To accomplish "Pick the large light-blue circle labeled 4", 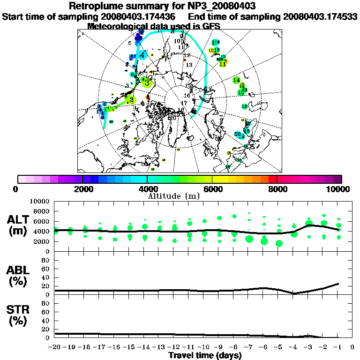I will [141, 54].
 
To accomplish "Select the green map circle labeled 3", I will [147, 82].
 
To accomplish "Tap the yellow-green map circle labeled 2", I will [131, 100].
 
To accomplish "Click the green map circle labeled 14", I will [236, 80].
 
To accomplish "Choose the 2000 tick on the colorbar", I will [82, 189].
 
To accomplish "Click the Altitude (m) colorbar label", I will [180, 196].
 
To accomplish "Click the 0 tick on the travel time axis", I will [352, 347].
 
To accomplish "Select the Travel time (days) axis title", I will [205, 355].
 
